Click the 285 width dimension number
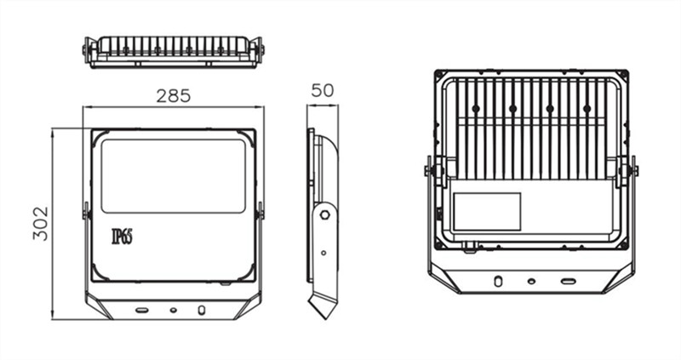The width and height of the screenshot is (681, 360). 174,95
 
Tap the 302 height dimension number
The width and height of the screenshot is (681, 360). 40,224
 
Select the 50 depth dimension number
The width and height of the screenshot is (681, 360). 323,90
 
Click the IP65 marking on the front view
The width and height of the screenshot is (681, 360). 122,237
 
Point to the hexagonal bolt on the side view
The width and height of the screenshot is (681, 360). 324,214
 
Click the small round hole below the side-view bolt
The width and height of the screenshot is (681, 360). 323,253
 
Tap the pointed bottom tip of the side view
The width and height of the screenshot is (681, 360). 326,318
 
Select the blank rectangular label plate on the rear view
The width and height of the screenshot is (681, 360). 487,211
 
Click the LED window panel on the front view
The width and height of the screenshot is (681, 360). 174,176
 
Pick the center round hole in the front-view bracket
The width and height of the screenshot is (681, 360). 174,310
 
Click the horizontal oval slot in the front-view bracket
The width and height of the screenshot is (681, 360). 141,310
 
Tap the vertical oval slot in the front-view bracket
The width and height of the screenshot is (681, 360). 201,310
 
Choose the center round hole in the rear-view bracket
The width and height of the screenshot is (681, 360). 531,281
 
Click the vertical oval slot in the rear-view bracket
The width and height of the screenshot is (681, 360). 498,281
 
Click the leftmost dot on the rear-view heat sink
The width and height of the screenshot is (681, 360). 476,108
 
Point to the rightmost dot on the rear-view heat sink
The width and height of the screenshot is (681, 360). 587,108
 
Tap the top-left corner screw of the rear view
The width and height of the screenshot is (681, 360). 439,75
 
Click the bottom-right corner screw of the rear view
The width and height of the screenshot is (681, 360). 624,245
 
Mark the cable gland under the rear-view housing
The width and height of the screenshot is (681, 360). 469,248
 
